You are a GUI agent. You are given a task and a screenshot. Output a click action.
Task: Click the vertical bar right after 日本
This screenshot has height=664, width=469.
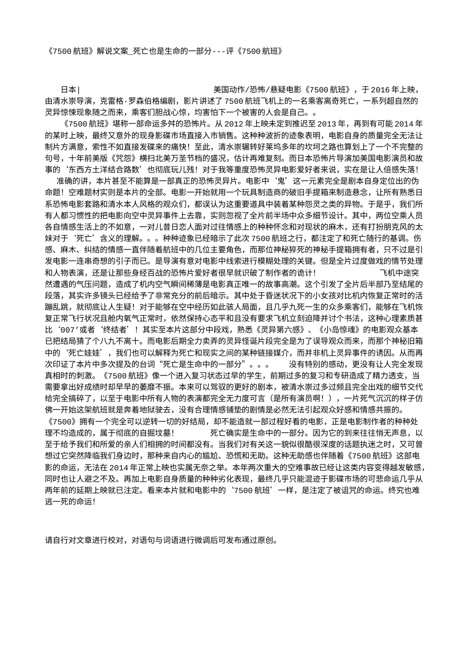[79, 90]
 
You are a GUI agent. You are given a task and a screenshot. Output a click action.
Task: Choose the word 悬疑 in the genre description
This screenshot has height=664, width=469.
[274, 90]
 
